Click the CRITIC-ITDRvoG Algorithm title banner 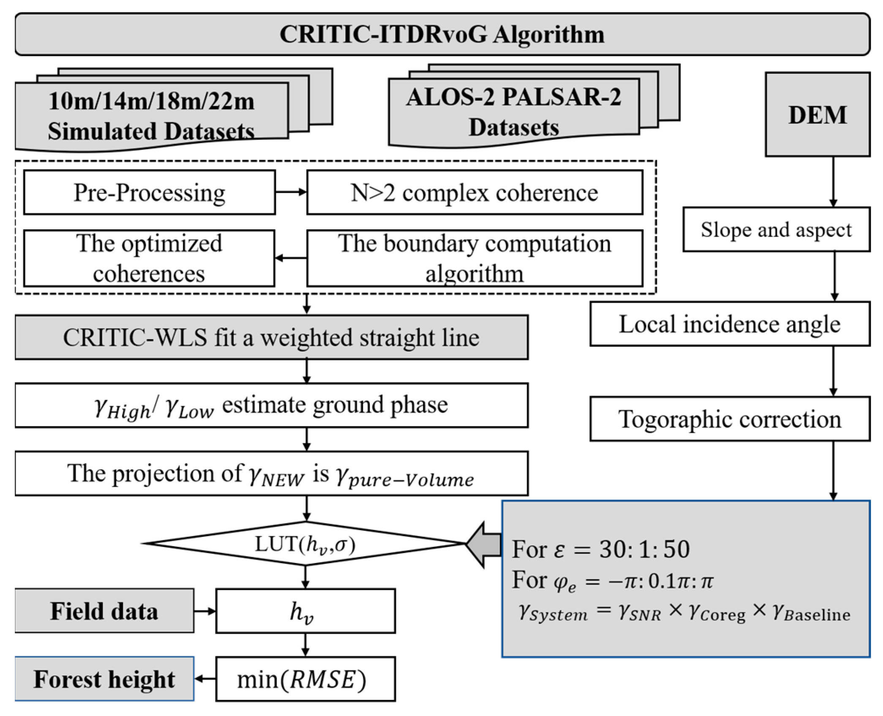tap(442, 34)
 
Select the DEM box tap(817, 114)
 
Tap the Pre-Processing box tap(149, 193)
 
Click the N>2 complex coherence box tap(474, 193)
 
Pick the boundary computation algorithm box tap(474, 258)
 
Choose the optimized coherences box tap(149, 258)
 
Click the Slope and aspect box tap(776, 230)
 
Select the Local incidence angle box tap(730, 324)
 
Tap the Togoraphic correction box tap(730, 419)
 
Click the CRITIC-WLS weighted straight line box tap(271, 338)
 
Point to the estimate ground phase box tap(271, 406)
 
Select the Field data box tap(104, 611)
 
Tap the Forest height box tap(104, 679)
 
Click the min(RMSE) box tap(305, 679)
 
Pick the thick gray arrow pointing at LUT tap(484, 544)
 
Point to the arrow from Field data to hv tap(205, 611)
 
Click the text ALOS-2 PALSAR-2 tap(513, 97)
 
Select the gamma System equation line tap(684, 613)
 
